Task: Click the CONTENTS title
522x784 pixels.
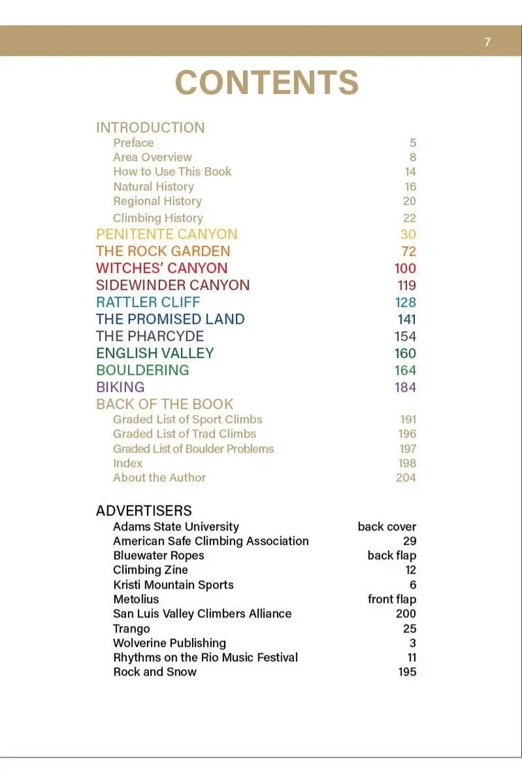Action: [x=267, y=83]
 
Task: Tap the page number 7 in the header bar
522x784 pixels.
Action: [x=487, y=42]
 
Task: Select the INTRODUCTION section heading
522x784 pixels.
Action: [x=150, y=127]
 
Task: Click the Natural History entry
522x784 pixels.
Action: [x=153, y=187]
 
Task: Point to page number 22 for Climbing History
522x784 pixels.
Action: [x=409, y=218]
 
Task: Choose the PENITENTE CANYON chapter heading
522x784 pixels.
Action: [x=166, y=234]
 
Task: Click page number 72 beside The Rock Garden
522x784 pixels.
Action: [x=408, y=251]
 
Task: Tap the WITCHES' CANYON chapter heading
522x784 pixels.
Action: [x=161, y=268]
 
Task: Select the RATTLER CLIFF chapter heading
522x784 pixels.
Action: [x=148, y=302]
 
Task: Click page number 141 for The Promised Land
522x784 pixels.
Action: [x=406, y=320]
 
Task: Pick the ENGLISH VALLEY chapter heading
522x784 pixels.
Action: [x=155, y=353]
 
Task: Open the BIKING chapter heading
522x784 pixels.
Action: [x=120, y=387]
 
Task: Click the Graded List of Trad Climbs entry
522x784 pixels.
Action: [x=184, y=434]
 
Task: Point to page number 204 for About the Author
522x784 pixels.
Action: [x=406, y=478]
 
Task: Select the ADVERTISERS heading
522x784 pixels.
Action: [x=143, y=511]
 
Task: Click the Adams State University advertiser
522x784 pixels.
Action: [x=175, y=527]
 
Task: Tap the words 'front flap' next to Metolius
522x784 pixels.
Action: [x=392, y=599]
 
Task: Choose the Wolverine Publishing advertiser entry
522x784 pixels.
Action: [x=169, y=643]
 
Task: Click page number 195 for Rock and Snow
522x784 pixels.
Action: [x=407, y=672]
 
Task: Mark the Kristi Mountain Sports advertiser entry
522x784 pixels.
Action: [x=173, y=585]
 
